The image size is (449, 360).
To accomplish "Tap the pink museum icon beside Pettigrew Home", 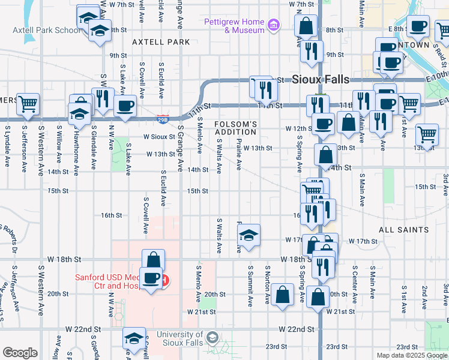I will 274,25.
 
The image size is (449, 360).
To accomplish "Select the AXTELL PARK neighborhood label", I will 161,42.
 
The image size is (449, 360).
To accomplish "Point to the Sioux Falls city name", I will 325,79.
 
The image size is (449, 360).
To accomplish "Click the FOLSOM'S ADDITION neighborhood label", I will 236,128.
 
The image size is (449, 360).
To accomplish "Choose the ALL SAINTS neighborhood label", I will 404,230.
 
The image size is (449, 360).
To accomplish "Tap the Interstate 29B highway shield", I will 163,118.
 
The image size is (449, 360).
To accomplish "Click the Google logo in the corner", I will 20,352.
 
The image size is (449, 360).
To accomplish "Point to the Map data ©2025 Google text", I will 412,355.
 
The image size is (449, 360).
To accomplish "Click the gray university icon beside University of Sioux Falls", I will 211,338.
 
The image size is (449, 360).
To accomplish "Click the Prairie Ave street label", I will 239,155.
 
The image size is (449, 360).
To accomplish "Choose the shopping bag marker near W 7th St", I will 306,26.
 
